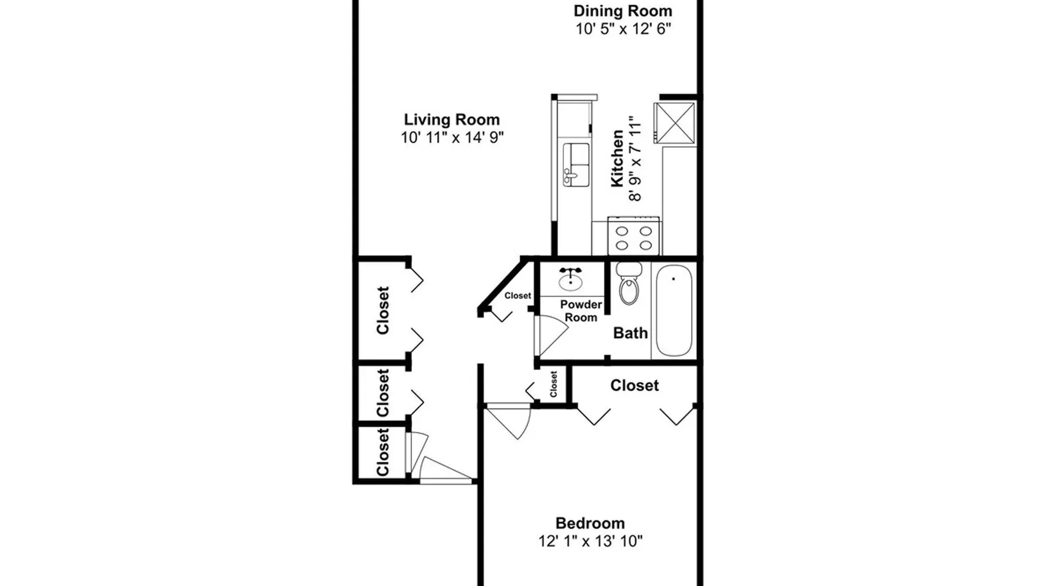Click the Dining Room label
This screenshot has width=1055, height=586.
(x=622, y=11)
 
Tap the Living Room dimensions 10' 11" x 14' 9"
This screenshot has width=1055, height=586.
(x=452, y=138)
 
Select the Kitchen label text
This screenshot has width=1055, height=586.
(x=617, y=159)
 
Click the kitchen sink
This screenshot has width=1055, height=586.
(x=576, y=165)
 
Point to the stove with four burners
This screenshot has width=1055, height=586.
(x=634, y=236)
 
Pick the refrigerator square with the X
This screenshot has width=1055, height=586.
(x=675, y=122)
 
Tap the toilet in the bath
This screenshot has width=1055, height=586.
(x=629, y=283)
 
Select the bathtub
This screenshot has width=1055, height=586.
(x=673, y=310)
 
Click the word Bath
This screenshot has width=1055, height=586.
(x=631, y=333)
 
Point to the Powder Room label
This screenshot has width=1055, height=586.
(x=581, y=311)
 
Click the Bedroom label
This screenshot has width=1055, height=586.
(x=590, y=523)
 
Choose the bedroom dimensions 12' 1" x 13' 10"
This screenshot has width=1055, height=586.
(x=590, y=541)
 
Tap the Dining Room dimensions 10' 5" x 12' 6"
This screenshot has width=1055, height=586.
(x=623, y=29)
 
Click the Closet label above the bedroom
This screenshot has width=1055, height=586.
(x=634, y=386)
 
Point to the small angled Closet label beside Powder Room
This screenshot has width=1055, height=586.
(x=518, y=296)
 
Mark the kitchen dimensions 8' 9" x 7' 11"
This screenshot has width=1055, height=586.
(x=635, y=159)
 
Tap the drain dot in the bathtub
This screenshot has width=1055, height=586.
(x=673, y=279)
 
